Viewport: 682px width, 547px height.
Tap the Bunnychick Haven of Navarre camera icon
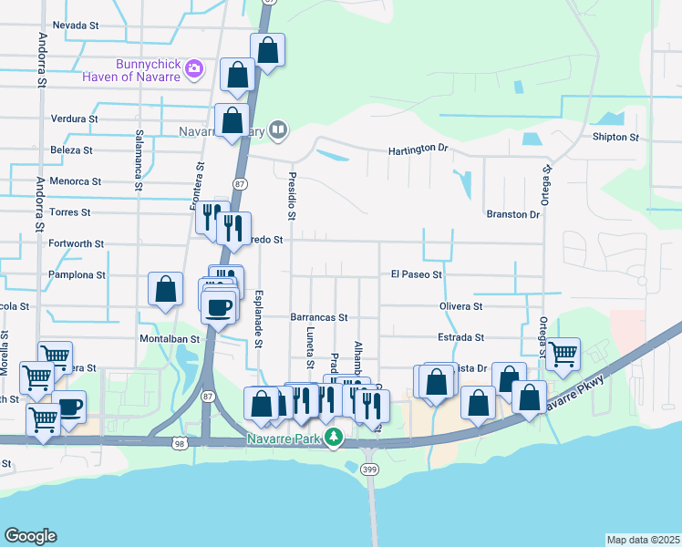(193, 68)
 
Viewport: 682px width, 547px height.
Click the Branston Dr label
(513, 214)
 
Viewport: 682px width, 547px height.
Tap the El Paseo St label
(417, 273)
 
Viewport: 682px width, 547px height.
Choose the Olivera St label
(460, 306)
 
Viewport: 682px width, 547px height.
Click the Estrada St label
(460, 337)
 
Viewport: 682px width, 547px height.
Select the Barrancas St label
(319, 317)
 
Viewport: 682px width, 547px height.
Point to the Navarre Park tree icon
(335, 438)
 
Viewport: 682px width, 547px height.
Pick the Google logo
(31, 536)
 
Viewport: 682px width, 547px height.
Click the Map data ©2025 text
(644, 540)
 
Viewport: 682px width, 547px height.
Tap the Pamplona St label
(77, 274)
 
